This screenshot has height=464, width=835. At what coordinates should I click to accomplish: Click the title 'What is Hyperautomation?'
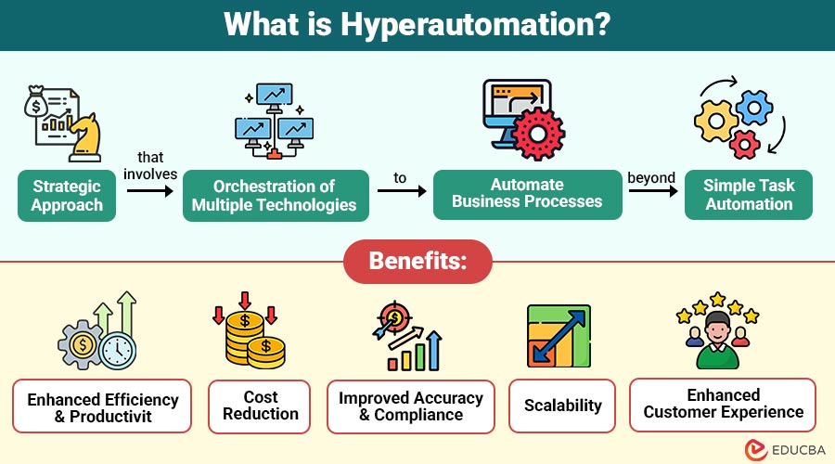(x=417, y=24)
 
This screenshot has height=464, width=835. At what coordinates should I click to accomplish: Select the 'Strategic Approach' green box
(x=66, y=196)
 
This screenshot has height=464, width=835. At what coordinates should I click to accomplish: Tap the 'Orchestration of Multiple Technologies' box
(x=275, y=196)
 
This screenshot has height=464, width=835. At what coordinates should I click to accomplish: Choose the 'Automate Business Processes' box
(x=528, y=194)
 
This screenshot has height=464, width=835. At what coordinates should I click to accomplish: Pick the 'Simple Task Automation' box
(x=749, y=194)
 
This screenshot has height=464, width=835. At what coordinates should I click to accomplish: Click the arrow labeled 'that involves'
(x=149, y=189)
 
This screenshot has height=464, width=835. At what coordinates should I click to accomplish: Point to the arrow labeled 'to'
(x=401, y=190)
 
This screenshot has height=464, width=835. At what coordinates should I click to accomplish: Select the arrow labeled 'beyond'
(x=652, y=190)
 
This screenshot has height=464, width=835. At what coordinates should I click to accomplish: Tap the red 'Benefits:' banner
(x=417, y=261)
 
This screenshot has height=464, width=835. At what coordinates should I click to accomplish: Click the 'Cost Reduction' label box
(x=261, y=406)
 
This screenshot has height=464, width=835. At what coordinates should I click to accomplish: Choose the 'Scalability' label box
(x=562, y=406)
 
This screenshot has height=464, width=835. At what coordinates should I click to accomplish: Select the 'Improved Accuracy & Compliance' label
(x=410, y=406)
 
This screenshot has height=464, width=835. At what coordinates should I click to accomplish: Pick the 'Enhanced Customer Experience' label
(x=723, y=404)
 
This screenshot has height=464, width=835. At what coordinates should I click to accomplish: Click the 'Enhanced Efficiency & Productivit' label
(x=102, y=406)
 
